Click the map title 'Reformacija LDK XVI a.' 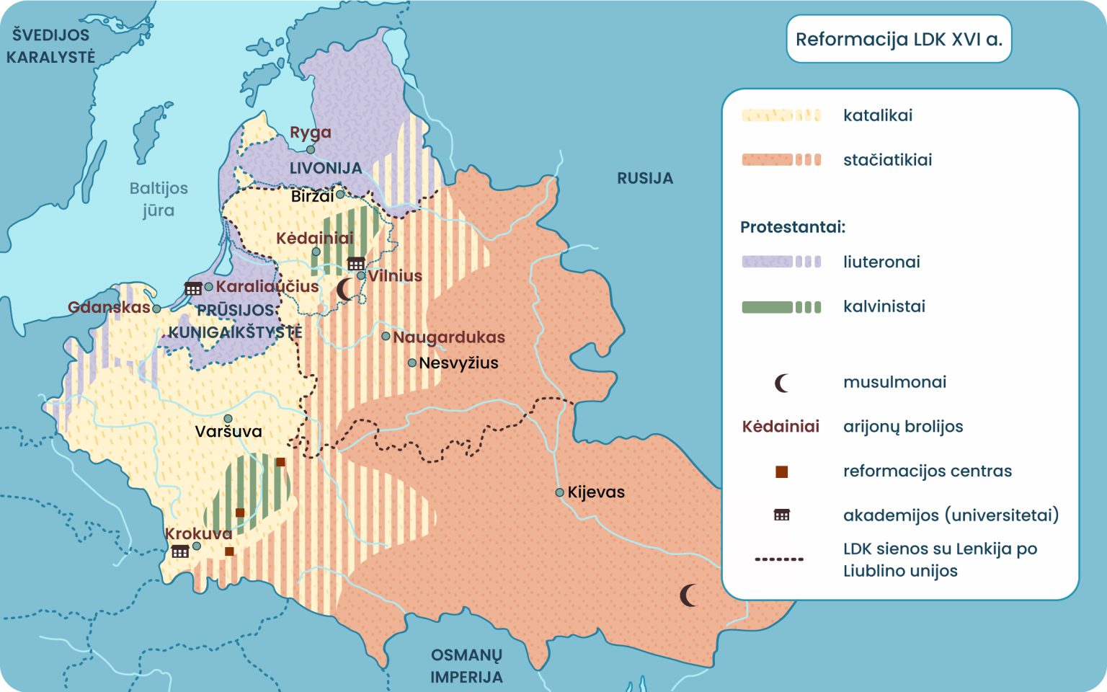coord(898,39)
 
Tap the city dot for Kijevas coord(559,492)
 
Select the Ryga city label coord(310,133)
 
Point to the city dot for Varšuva coord(228,419)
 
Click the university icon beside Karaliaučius coord(192,288)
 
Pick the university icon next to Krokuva coord(179,551)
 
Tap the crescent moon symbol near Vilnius coord(345,290)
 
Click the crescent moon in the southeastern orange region coord(688,595)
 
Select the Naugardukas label coord(448,337)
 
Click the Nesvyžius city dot coord(412,363)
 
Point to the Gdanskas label coord(108,308)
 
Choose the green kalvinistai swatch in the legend coord(781,307)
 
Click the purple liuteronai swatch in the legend coord(781,262)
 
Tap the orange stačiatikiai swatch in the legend coord(781,160)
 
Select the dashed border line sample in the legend coord(779,559)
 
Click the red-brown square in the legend coord(781,471)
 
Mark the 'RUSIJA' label coord(644,178)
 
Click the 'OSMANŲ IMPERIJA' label coord(466,666)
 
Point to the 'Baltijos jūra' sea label coord(159,199)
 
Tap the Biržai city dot coord(340,195)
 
